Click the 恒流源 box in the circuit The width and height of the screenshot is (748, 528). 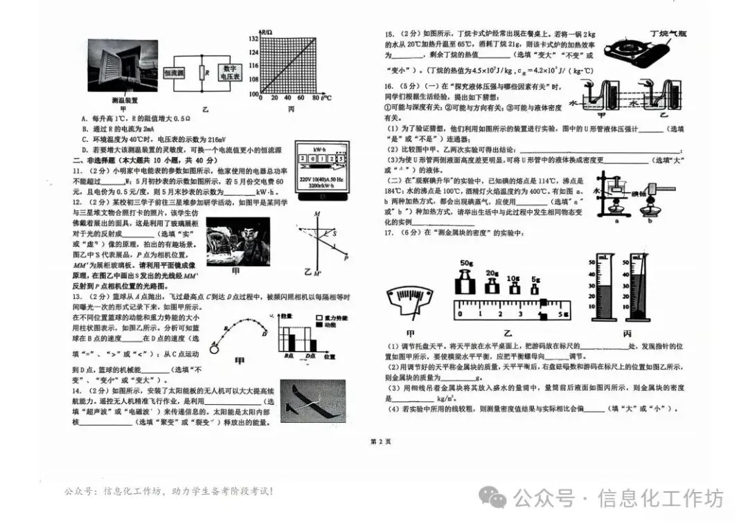coord(173,73)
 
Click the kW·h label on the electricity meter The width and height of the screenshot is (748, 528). coord(319,149)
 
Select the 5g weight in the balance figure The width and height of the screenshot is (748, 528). coord(536,286)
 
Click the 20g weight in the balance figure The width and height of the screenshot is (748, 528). coord(492,284)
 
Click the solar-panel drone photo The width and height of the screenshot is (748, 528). coord(312,401)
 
